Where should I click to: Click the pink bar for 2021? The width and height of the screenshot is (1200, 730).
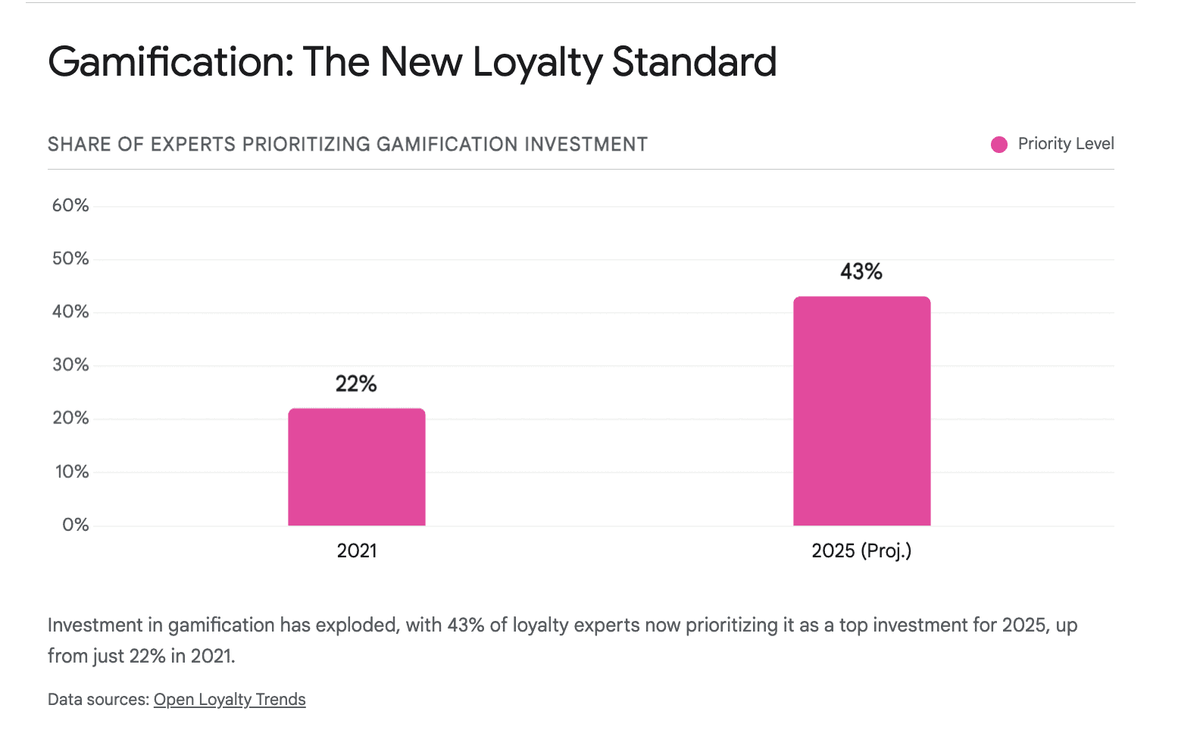[356, 466]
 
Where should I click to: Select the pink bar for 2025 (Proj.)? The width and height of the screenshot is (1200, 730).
[861, 410]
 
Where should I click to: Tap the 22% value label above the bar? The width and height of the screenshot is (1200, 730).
[356, 384]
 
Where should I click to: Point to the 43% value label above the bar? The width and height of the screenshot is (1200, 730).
[861, 272]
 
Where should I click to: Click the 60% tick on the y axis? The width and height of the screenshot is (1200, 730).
[70, 205]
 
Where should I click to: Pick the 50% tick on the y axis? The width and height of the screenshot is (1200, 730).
[70, 258]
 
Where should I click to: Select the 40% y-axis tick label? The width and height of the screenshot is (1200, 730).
[70, 311]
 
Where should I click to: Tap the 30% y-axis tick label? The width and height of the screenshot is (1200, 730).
[70, 365]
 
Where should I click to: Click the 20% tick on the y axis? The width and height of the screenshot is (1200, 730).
[70, 418]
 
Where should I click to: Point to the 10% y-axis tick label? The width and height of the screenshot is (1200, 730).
[72, 472]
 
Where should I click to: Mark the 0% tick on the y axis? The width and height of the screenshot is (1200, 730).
[75, 525]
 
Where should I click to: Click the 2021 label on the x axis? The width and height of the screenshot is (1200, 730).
[356, 551]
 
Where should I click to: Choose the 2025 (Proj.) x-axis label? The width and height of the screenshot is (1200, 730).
[861, 551]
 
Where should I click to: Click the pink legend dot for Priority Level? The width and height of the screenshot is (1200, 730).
[999, 145]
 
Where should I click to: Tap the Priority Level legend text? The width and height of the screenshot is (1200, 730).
[1065, 144]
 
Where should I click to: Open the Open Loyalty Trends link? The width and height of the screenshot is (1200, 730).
[230, 700]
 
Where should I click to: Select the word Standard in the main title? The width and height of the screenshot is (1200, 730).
[694, 62]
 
